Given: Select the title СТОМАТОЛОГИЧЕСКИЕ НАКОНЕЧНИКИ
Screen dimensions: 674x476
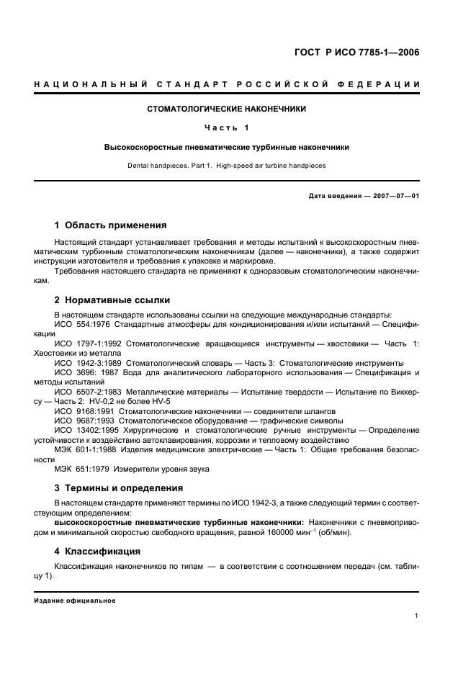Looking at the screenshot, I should pyautogui.click(x=226, y=109).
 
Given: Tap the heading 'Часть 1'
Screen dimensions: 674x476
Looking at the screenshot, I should pyautogui.click(x=226, y=128).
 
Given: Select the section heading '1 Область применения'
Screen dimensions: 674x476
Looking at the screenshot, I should pyautogui.click(x=111, y=225).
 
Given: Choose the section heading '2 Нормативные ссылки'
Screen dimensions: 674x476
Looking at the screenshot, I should pyautogui.click(x=113, y=300).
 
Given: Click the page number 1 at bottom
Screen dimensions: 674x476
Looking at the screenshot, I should pyautogui.click(x=418, y=616).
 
